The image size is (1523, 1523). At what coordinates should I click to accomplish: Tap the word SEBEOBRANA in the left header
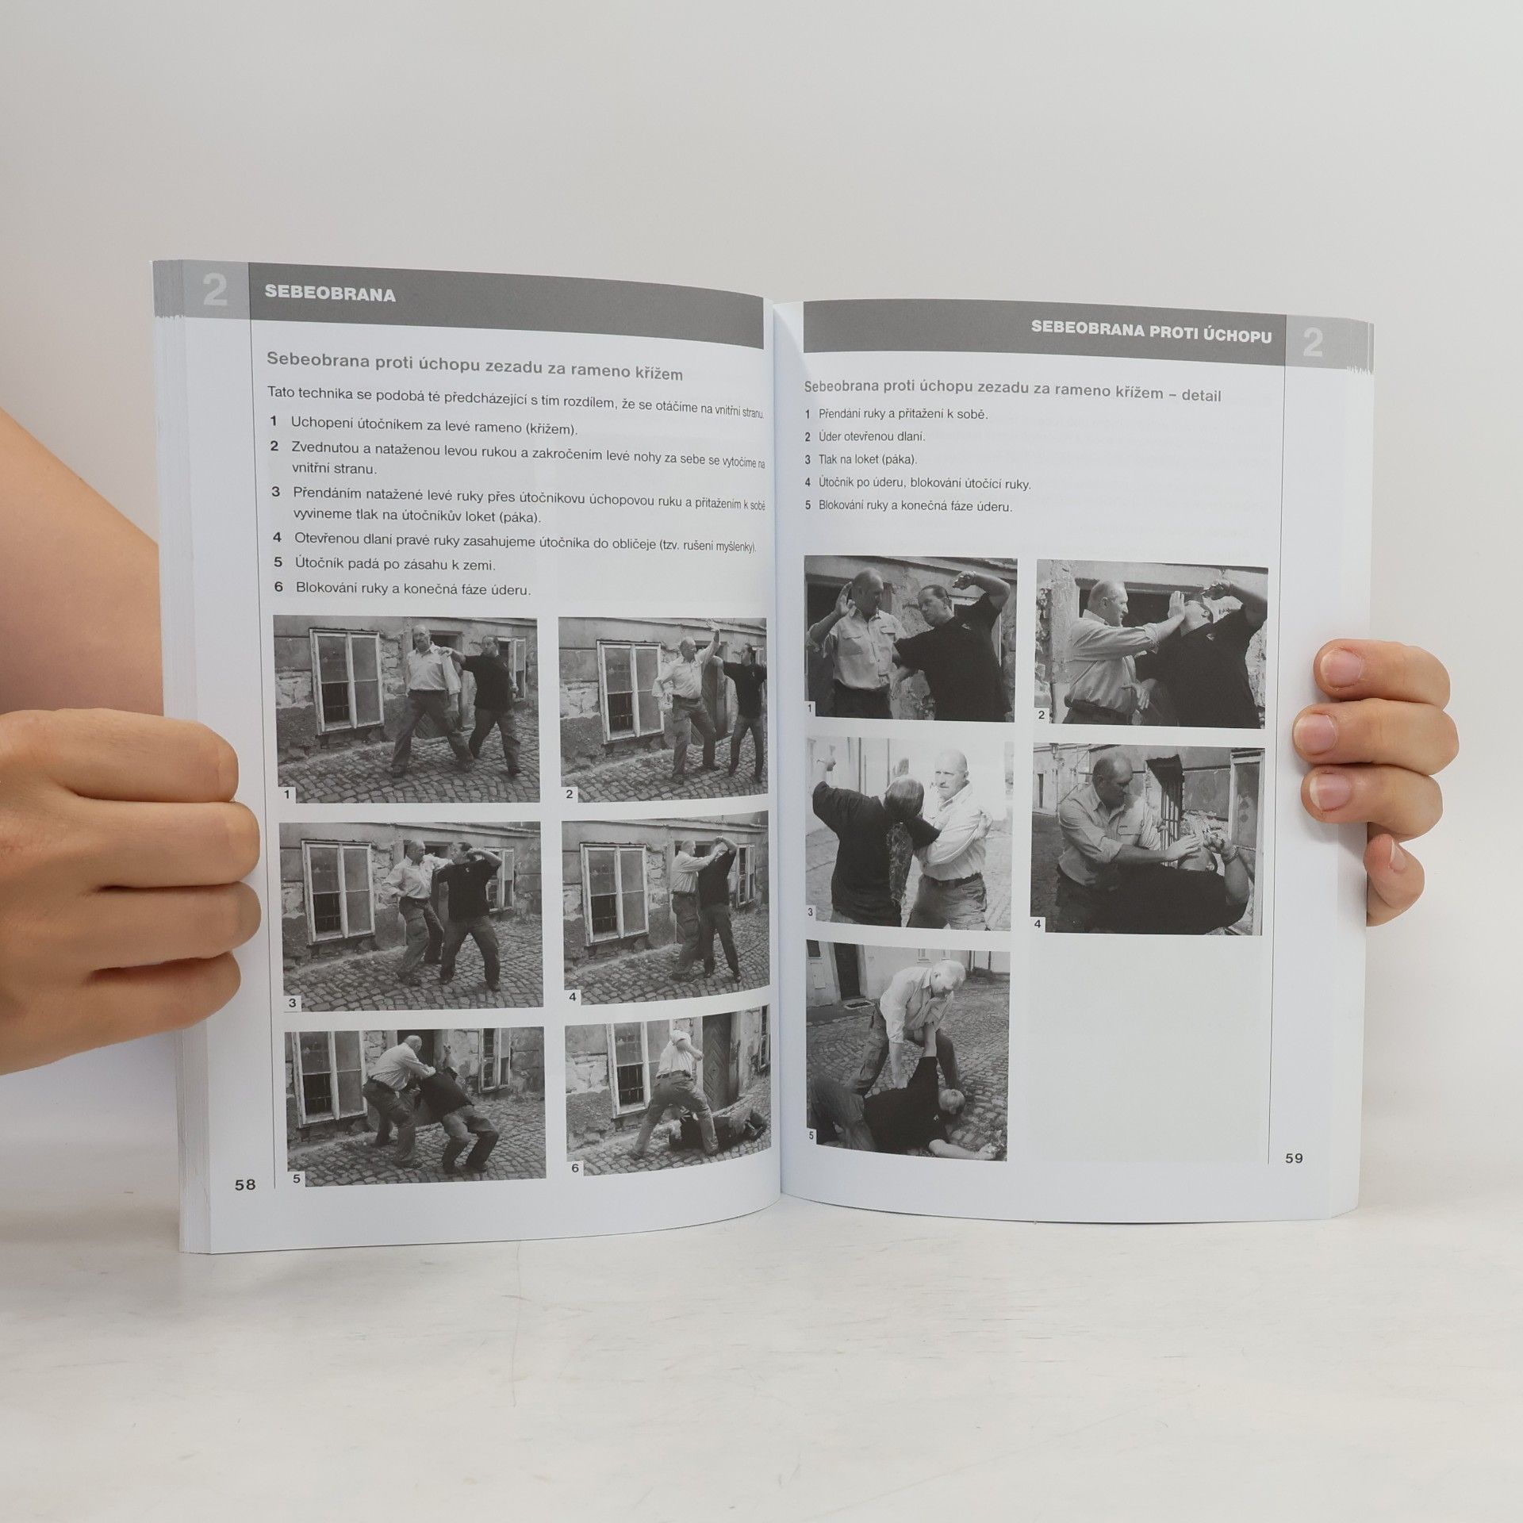pyautogui.click(x=330, y=294)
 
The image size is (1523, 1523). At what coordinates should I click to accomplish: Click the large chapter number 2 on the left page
pyautogui.click(x=215, y=292)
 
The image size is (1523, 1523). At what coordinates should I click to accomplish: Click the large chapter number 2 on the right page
pyautogui.click(x=1313, y=344)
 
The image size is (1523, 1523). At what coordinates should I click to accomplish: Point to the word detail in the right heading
pyautogui.click(x=1201, y=395)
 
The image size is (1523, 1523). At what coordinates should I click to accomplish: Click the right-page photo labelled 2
pyautogui.click(x=1151, y=643)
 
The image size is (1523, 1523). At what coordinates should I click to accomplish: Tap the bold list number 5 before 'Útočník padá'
pyautogui.click(x=278, y=562)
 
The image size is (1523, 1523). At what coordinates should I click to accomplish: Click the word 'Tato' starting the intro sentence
pyautogui.click(x=282, y=391)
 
